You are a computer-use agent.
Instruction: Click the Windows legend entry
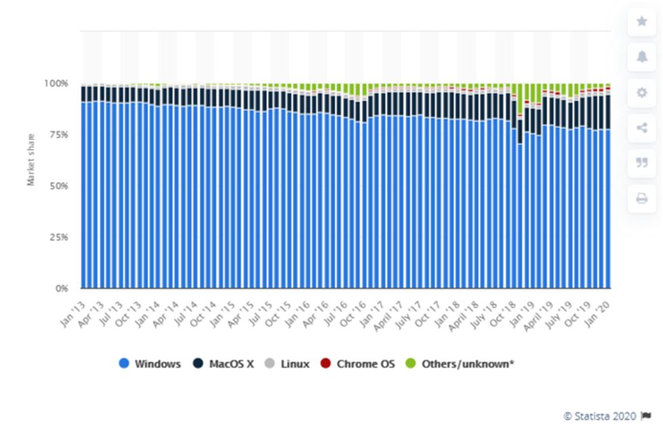tap(151, 363)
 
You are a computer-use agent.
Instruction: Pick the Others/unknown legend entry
tap(461, 363)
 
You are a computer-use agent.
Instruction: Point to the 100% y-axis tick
tap(56, 83)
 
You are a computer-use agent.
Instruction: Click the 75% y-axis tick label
tap(59, 135)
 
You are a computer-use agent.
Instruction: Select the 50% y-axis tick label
tap(59, 186)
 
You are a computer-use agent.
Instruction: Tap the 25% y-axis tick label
tap(59, 237)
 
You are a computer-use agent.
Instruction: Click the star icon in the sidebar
tap(641, 22)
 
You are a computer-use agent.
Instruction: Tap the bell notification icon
tap(641, 57)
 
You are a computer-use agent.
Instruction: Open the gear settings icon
tap(641, 93)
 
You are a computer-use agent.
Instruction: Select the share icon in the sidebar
tap(641, 128)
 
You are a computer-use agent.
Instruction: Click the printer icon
tap(641, 198)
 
